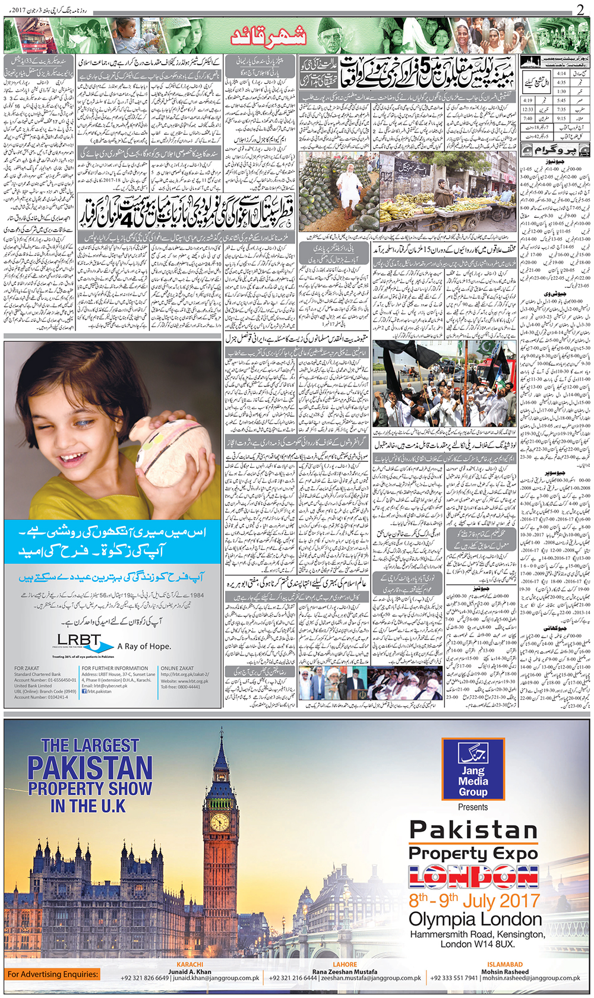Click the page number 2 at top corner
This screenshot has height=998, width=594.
580,9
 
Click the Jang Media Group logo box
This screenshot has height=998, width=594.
473,769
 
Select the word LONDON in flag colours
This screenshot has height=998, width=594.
473,877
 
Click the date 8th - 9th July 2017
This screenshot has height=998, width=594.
474,901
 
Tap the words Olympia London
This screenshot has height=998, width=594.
475,920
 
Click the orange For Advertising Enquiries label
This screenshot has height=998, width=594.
52,974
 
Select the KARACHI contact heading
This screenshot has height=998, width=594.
190,965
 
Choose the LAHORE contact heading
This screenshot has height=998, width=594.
345,965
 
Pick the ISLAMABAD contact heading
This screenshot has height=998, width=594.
505,965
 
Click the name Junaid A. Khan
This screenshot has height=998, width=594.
190,972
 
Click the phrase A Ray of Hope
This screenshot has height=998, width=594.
144,647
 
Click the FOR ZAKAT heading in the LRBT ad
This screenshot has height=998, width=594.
27,668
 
